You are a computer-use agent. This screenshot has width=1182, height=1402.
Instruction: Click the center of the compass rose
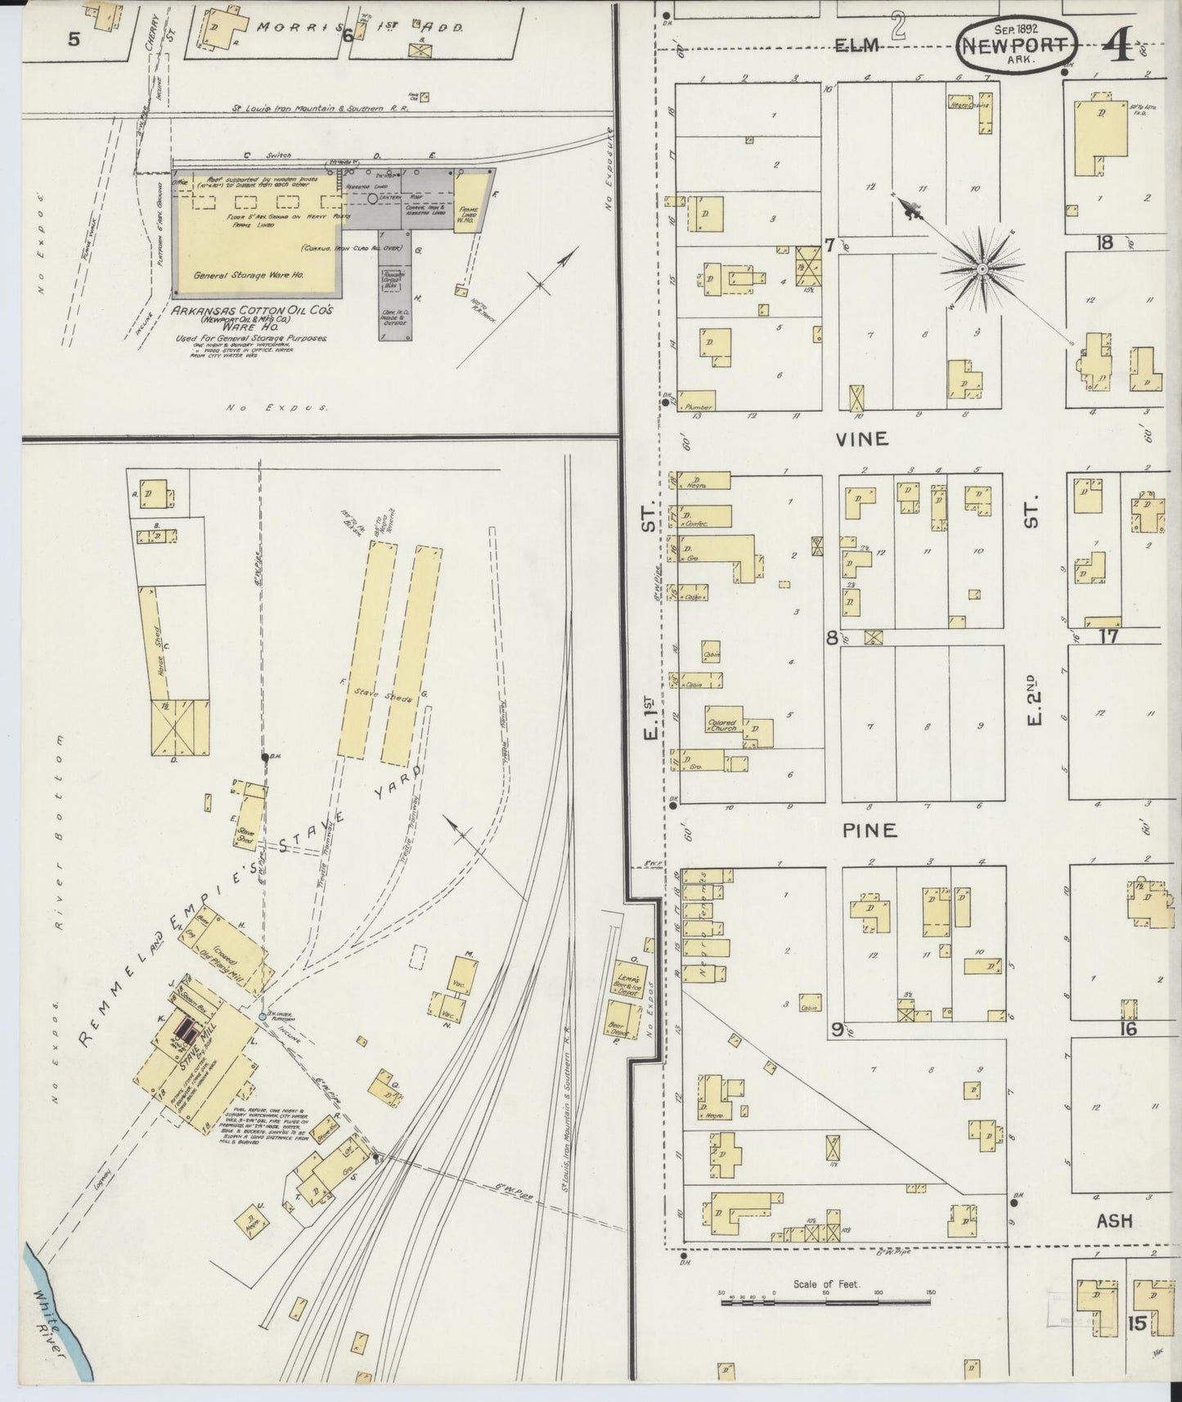pyautogui.click(x=982, y=268)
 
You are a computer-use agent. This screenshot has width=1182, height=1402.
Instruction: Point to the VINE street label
pyautogui.click(x=861, y=439)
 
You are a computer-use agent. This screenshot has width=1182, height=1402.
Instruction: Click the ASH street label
pyautogui.click(x=1114, y=1221)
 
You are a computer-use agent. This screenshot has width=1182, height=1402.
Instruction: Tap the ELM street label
pyautogui.click(x=856, y=46)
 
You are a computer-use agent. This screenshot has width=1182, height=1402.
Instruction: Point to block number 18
pyautogui.click(x=1105, y=242)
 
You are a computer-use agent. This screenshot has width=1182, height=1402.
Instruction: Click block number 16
pyautogui.click(x=1128, y=1028)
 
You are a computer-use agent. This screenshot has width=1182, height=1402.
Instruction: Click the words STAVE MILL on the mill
pyautogui.click(x=190, y=1054)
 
